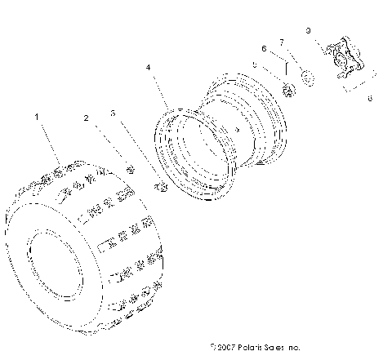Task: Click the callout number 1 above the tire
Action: tap(36, 118)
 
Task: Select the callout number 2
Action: tap(86, 118)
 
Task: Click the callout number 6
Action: tap(263, 49)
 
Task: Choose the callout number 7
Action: tap(282, 42)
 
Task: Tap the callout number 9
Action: tap(307, 30)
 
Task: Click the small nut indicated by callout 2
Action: tap(130, 168)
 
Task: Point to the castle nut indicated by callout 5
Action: tap(288, 88)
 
